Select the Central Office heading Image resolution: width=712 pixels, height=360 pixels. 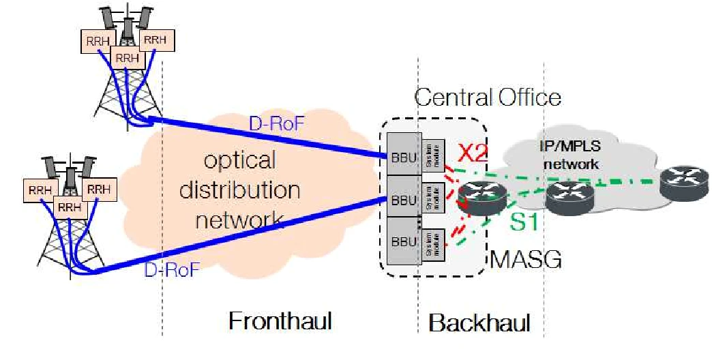pos(488,97)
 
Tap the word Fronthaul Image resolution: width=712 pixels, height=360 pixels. pos(280,320)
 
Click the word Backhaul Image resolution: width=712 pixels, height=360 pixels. pos(479,322)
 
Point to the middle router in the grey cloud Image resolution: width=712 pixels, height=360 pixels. pos(570,194)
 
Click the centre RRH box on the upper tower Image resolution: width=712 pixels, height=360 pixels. pos(127,58)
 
